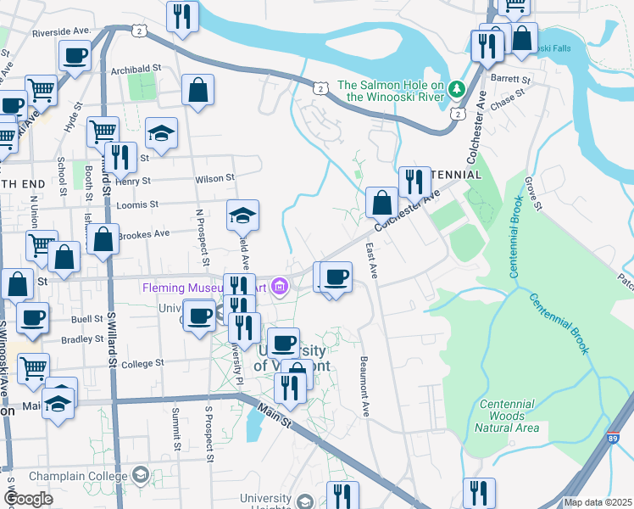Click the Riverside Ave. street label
coord(61,31)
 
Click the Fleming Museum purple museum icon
coord(281,288)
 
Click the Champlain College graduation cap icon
coord(140,473)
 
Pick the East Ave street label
coord(370,260)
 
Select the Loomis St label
coord(142,204)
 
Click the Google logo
coord(28,499)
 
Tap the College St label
coord(142,363)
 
